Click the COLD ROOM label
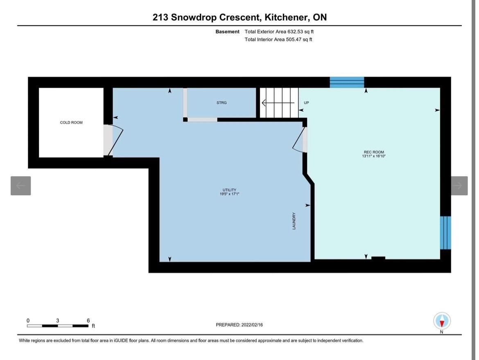71,122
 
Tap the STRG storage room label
221,103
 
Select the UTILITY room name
229,190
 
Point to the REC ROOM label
374,152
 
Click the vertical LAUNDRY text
294,221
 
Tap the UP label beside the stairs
306,103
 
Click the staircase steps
279,103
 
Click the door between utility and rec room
300,139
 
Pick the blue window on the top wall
347,82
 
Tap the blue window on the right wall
445,233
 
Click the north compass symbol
442,321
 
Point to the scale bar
58,326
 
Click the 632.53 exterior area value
294,32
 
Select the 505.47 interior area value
293,39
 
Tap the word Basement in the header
227,32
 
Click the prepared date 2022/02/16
252,325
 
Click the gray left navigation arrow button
21,186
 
